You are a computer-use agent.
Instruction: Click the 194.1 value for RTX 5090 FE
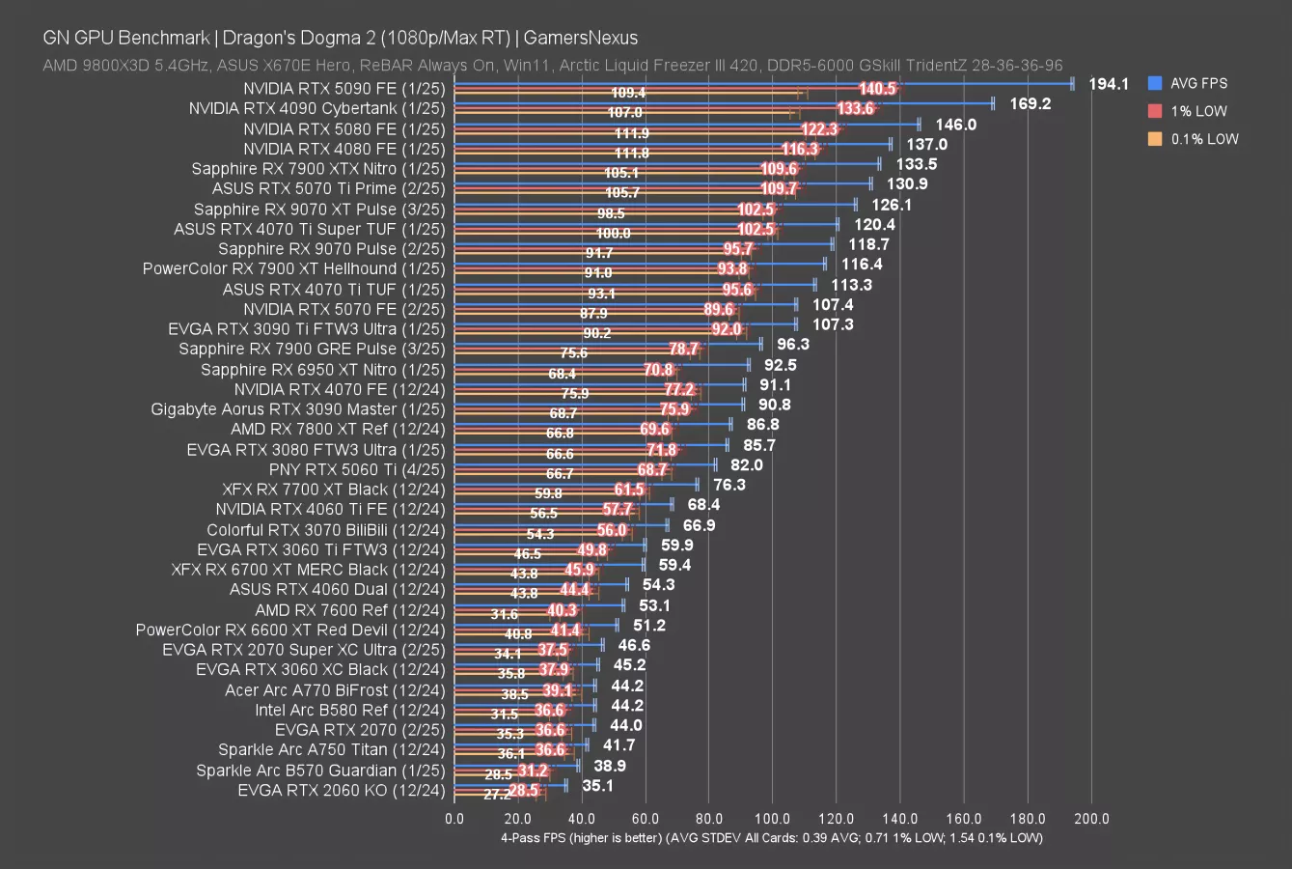point(1109,84)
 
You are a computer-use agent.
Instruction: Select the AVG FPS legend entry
point(1197,83)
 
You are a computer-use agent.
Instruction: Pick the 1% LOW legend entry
point(1197,111)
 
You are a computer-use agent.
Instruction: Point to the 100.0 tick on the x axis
point(772,819)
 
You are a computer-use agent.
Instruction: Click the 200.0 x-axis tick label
point(1091,819)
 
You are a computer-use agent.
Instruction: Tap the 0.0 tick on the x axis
point(454,819)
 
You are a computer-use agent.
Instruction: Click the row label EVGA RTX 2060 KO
point(342,790)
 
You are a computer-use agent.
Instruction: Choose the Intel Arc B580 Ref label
point(349,710)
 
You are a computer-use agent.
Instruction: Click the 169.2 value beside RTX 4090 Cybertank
point(1031,103)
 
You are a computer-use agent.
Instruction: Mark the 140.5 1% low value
point(877,89)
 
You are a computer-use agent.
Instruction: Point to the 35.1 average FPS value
point(598,786)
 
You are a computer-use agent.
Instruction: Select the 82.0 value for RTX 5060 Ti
point(746,465)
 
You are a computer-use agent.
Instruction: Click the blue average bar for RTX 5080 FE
point(685,124)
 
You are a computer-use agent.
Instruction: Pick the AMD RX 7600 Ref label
point(350,609)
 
